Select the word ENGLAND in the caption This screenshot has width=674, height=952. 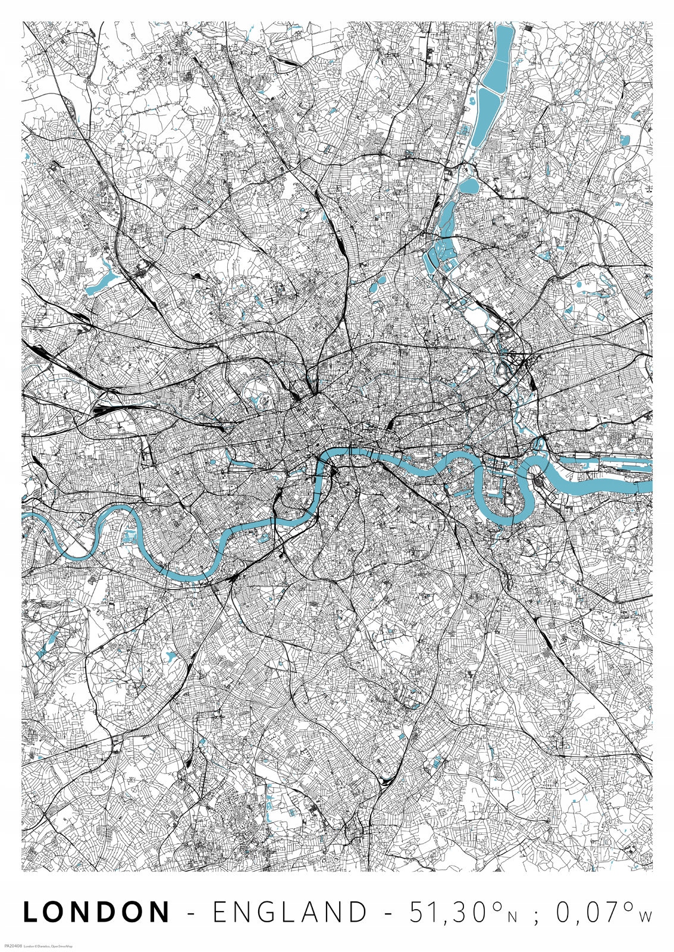[290, 912]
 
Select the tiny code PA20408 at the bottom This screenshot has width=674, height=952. [12, 945]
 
